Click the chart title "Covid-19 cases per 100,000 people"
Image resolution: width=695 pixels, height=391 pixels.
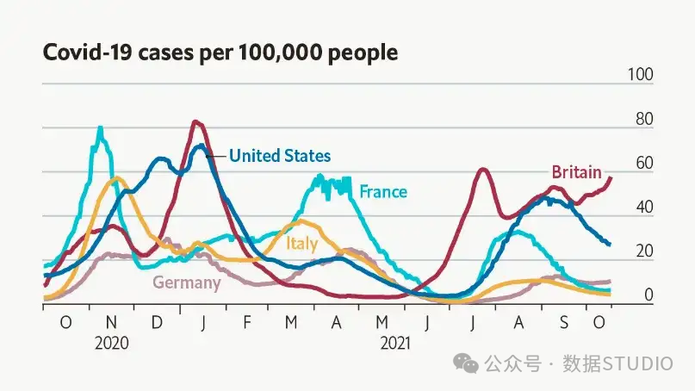(220, 53)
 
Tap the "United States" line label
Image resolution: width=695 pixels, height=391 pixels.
(280, 156)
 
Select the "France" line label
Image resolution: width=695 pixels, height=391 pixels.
(383, 191)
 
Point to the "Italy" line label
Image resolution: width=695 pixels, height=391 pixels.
(301, 244)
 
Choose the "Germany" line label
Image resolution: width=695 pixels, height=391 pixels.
(187, 282)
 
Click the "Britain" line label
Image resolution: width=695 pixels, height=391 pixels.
(576, 172)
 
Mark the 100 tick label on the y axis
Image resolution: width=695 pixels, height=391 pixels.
(640, 74)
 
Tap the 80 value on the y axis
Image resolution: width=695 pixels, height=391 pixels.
(644, 119)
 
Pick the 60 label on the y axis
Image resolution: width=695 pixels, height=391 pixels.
(644, 163)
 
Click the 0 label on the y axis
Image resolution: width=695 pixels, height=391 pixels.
(648, 295)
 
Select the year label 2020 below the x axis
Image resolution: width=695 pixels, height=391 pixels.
(112, 343)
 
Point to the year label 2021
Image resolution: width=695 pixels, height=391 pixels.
(395, 343)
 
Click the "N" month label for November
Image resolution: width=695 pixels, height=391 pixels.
(111, 322)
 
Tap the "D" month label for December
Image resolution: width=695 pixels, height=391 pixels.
(157, 322)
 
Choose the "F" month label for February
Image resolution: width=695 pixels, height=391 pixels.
(247, 322)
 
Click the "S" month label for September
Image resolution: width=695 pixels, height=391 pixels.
(564, 322)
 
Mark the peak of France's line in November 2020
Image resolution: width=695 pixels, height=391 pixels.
(100, 128)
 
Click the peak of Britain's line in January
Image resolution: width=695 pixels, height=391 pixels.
(195, 121)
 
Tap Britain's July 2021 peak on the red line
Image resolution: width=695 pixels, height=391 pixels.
(484, 169)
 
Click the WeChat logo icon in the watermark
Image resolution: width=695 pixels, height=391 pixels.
(465, 363)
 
